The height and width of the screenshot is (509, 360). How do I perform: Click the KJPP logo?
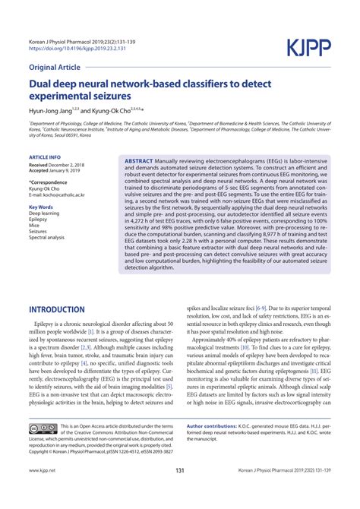(x=309, y=49)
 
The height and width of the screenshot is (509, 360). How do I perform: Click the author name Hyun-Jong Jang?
(x=54, y=110)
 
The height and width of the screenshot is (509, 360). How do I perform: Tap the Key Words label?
(x=41, y=207)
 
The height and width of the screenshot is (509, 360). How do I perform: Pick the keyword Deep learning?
(x=46, y=213)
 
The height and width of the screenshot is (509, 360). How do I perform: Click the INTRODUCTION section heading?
(x=67, y=289)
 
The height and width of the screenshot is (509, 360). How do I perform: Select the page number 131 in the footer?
(x=180, y=492)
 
